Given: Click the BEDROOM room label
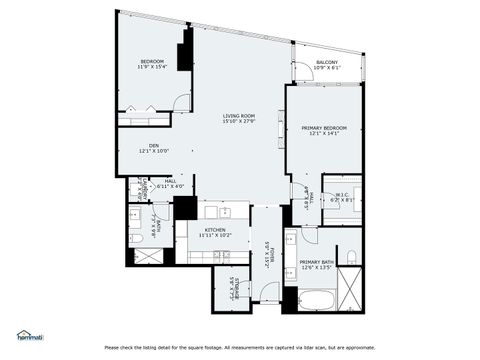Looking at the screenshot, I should [151, 62].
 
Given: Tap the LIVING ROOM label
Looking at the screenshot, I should [238, 116].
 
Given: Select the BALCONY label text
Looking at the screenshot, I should [326, 62].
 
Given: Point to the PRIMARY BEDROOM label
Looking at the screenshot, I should [324, 128].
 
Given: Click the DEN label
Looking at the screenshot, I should [154, 146].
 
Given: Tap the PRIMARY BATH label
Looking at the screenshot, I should [317, 262].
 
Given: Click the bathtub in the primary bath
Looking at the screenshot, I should [316, 299].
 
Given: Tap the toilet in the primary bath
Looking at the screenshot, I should [351, 259].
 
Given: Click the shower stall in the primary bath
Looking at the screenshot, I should [351, 296].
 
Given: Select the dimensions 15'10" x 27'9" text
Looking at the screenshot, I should [238, 122].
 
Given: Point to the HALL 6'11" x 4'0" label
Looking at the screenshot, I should [170, 184].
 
